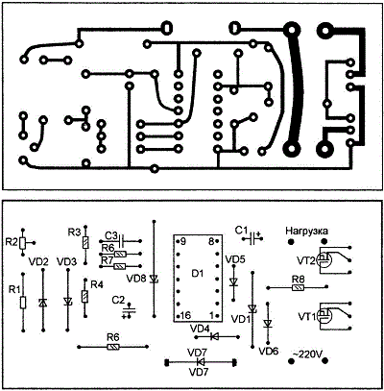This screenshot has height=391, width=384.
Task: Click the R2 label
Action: tap(12, 242)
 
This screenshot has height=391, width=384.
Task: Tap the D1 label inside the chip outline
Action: tap(198, 274)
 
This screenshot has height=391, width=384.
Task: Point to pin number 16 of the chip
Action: tap(185, 315)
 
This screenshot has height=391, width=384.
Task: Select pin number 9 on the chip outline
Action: tap(182, 241)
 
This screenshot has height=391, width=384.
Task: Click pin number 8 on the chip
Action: tap(211, 241)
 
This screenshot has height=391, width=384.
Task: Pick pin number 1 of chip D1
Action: tap(211, 315)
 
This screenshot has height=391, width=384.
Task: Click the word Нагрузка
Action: tap(306, 231)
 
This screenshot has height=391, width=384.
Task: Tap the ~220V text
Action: tap(307, 354)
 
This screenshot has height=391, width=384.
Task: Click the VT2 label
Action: tap(306, 260)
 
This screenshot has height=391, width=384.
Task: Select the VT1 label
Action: tap(307, 317)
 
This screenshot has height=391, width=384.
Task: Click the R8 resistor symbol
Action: tap(299, 288)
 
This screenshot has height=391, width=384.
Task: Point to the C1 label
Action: tap(241, 230)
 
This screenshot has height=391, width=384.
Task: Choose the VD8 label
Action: tap(136, 279)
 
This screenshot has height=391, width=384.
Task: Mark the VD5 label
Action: tap(235, 259)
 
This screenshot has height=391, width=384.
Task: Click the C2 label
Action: tap(118, 300)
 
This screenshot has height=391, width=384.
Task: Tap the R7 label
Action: tap(108, 260)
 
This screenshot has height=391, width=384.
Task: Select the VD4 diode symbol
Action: tap(214, 336)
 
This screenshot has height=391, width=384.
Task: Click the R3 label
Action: tap(74, 232)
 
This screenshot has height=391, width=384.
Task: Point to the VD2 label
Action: tap(38, 261)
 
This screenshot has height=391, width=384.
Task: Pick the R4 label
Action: tap(97, 284)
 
